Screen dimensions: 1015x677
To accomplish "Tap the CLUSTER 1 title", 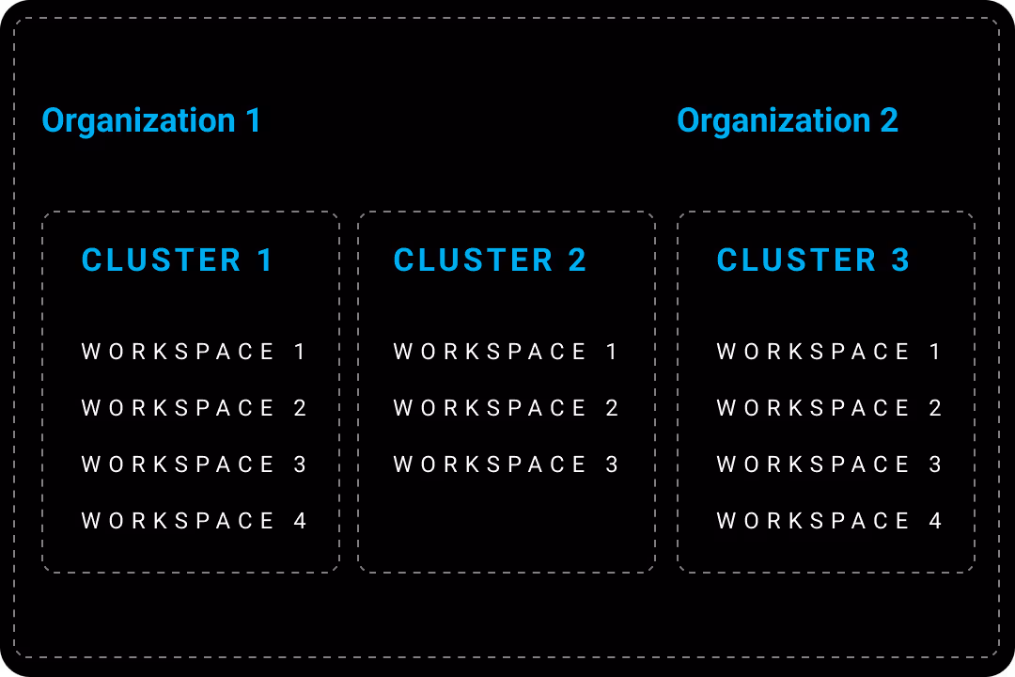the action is click(177, 260).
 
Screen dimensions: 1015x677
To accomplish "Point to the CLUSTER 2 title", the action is click(490, 260).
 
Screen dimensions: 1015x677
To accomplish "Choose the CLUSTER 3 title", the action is click(813, 260).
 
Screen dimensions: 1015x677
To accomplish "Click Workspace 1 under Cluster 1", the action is click(193, 352).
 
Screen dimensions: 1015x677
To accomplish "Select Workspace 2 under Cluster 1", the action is click(194, 408).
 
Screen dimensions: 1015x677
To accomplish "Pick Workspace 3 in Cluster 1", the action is click(194, 464).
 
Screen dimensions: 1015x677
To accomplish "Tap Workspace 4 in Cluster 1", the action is click(194, 521).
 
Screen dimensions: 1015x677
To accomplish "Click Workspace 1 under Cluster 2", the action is click(505, 352).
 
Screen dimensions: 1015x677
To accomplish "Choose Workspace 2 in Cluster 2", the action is click(506, 408).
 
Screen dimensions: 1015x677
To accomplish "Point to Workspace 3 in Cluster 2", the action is click(506, 464).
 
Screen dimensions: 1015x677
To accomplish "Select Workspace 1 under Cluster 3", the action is click(828, 352).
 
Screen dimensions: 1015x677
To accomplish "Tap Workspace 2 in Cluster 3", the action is click(829, 408).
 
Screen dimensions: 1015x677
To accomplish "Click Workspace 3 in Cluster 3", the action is click(829, 464).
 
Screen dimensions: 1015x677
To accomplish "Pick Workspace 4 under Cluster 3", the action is click(829, 521).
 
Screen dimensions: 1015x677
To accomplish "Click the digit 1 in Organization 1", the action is click(253, 120).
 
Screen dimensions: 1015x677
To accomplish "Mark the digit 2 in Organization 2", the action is click(889, 120).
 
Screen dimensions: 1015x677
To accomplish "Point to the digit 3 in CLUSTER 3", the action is click(900, 260).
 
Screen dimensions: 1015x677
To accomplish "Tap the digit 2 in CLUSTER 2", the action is click(577, 260).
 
